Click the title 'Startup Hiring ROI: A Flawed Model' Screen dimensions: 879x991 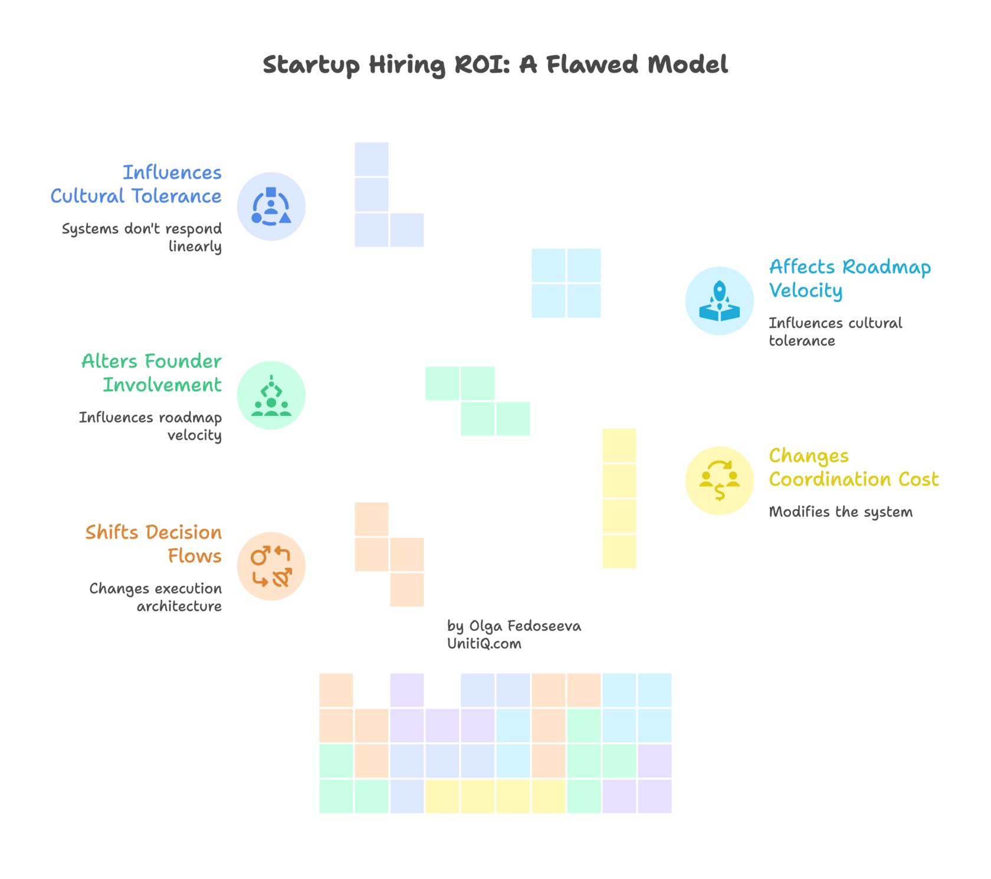pyautogui.click(x=495, y=65)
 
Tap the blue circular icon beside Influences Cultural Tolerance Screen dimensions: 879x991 pyautogui.click(x=271, y=206)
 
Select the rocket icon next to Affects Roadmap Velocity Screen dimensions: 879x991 pyautogui.click(x=720, y=301)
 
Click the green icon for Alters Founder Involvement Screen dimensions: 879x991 pyautogui.click(x=271, y=395)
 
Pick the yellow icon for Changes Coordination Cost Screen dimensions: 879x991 pyautogui.click(x=720, y=481)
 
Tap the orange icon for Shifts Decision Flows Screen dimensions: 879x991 pyautogui.click(x=271, y=566)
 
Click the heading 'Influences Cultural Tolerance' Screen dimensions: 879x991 pyautogui.click(x=137, y=184)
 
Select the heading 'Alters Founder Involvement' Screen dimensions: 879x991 pyautogui.click(x=152, y=373)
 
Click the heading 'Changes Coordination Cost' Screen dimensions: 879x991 pyautogui.click(x=853, y=467)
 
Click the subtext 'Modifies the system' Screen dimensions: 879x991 pyautogui.click(x=841, y=512)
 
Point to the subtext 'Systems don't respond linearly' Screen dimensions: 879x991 pyautogui.click(x=142, y=237)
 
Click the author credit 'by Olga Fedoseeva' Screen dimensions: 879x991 pyautogui.click(x=514, y=626)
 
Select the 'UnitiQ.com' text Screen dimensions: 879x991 pyautogui.click(x=484, y=644)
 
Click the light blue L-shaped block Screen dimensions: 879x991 pyautogui.click(x=372, y=195)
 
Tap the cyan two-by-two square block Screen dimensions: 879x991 pyautogui.click(x=566, y=283)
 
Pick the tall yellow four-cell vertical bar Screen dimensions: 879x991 pyautogui.click(x=619, y=498)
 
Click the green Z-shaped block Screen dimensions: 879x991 pyautogui.click(x=478, y=401)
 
